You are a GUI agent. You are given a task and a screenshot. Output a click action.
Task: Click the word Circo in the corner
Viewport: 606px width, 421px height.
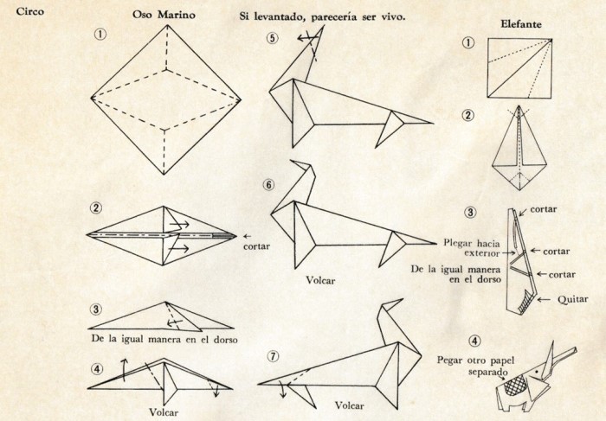coord(29,11)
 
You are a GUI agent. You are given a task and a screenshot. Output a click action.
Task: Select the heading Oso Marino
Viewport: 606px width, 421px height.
coord(164,15)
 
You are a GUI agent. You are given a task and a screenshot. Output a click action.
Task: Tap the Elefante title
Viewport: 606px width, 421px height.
coord(521,24)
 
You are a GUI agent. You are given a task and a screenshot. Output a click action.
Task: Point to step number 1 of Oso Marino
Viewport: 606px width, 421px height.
coord(100,35)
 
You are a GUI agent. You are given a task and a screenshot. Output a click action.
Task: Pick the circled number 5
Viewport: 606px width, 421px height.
coord(273,38)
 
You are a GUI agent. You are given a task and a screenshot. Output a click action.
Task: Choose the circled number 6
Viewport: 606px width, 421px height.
coord(269,185)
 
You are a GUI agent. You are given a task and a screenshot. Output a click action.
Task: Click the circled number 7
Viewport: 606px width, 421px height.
coord(273,356)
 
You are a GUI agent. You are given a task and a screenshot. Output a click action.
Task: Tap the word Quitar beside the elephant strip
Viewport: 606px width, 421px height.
coord(573,299)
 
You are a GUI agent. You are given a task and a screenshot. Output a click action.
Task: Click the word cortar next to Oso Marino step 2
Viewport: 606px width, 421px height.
coord(256,246)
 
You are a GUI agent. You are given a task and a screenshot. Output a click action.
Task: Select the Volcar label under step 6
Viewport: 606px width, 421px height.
coord(320,280)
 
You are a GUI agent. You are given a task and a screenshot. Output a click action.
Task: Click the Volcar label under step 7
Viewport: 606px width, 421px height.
coord(350,405)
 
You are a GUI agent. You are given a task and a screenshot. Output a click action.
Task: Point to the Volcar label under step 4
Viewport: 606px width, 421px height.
coord(164,412)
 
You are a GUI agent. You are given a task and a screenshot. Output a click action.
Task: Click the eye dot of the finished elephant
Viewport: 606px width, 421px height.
coord(537,372)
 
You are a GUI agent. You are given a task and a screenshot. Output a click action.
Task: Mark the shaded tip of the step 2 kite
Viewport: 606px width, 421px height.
coord(224,235)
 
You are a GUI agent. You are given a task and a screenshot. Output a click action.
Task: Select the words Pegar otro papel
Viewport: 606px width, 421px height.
coord(476,360)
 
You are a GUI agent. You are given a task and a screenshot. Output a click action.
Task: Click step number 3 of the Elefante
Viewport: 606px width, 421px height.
coord(470,213)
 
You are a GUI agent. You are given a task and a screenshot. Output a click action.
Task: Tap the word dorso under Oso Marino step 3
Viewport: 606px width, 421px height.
coord(225,339)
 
